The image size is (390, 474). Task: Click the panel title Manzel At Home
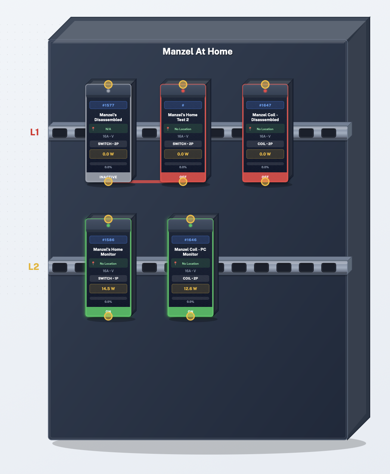click(x=197, y=52)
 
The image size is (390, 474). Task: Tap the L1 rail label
click(x=34, y=132)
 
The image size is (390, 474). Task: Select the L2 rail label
click(x=34, y=267)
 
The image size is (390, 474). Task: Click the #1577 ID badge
click(x=108, y=105)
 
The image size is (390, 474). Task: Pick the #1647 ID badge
click(x=265, y=105)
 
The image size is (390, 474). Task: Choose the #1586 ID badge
click(x=108, y=240)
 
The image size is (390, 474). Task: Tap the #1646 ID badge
click(x=191, y=240)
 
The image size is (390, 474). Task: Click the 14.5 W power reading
click(x=108, y=289)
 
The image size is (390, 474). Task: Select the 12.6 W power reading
click(x=191, y=289)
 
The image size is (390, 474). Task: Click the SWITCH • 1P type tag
click(x=108, y=278)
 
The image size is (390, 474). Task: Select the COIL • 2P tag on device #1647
click(x=265, y=144)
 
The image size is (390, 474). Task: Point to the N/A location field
click(x=108, y=129)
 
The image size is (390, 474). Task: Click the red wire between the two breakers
click(x=146, y=182)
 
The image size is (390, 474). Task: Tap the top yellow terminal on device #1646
click(x=191, y=219)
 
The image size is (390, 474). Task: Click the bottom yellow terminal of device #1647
click(x=265, y=182)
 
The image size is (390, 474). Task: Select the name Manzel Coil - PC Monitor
click(x=191, y=252)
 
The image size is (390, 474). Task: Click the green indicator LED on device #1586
click(x=108, y=225)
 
